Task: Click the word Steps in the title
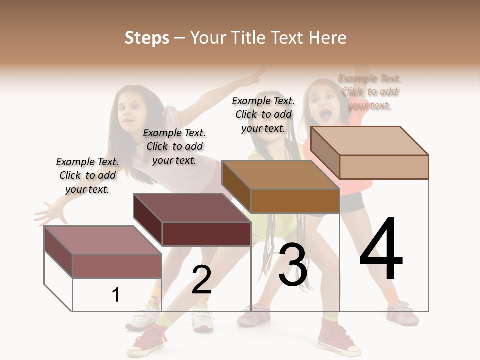pyautogui.click(x=147, y=38)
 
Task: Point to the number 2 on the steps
pyautogui.click(x=201, y=280)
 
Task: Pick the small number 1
pyautogui.click(x=116, y=295)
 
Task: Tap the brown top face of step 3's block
pyautogui.click(x=280, y=174)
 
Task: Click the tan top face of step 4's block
pyautogui.click(x=370, y=140)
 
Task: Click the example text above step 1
pyautogui.click(x=87, y=175)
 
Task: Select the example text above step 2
pyautogui.click(x=174, y=146)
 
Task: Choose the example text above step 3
pyautogui.click(x=263, y=114)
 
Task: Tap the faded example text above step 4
pyautogui.click(x=370, y=92)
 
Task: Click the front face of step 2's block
pyautogui.click(x=206, y=234)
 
